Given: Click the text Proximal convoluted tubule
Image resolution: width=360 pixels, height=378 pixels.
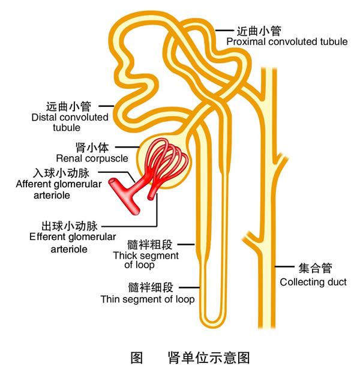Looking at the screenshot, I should (286, 42).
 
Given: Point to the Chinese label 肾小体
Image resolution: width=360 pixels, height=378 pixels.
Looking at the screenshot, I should (94, 147).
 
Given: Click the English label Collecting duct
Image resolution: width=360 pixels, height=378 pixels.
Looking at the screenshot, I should (313, 281).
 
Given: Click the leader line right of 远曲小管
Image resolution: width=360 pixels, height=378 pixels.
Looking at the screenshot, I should (103, 106).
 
